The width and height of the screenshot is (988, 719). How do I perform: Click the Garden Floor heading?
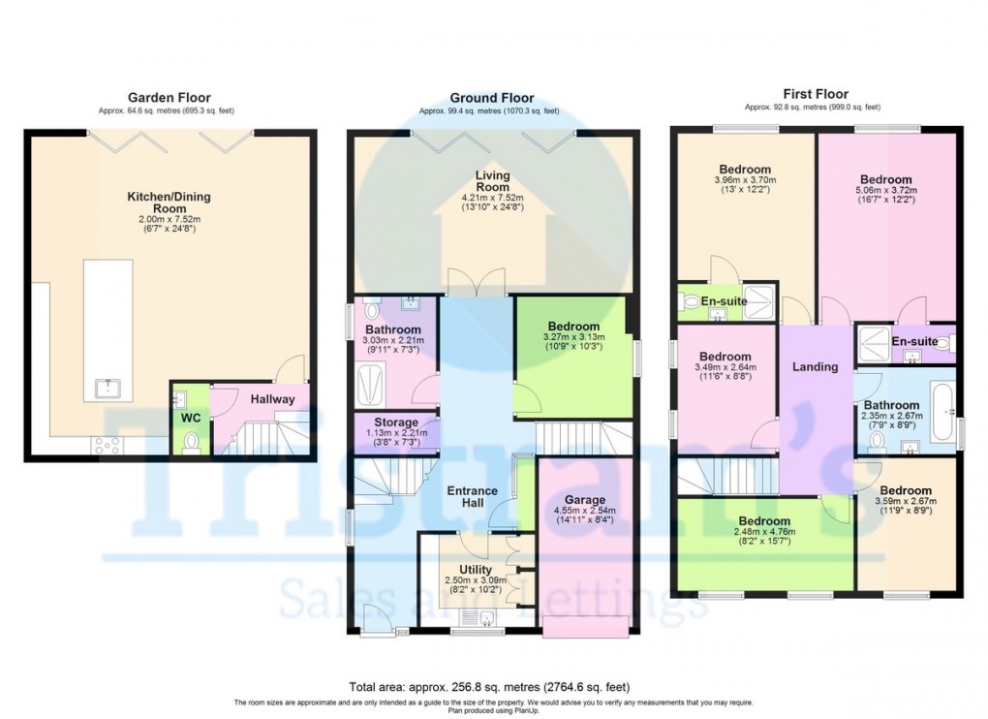coord(169,97)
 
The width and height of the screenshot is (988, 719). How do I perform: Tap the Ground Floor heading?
coord(491,98)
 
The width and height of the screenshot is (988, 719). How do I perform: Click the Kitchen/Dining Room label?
coord(169,203)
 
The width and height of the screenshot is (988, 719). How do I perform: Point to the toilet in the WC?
coord(190,441)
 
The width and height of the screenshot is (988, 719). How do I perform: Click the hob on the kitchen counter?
coord(107,445)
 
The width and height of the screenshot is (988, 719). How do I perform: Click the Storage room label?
coord(396,422)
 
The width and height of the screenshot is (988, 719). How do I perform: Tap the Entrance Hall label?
coord(472,497)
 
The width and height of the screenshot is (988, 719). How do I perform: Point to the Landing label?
coord(815,366)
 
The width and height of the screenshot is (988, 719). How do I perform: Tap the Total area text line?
coord(493,686)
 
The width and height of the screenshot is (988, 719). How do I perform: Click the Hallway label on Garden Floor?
coord(274,398)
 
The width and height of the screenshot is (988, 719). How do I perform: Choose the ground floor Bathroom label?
coord(393,329)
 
